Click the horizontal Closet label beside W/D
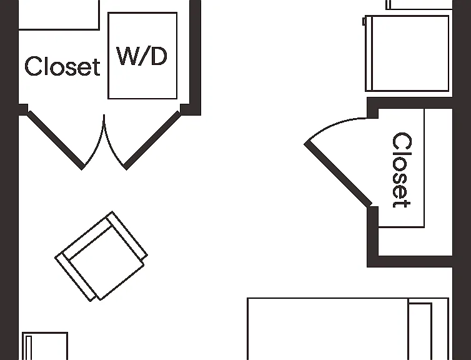[62, 66]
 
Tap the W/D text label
[141, 56]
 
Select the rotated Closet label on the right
[402, 170]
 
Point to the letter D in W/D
[159, 56]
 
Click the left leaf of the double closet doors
[56, 140]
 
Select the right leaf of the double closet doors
[152, 140]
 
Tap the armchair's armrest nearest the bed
[127, 236]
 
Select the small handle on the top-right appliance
[364, 21]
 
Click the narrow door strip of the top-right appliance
[369, 53]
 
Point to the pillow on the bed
[420, 331]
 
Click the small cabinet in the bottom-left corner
[45, 346]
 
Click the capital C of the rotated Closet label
[402, 141]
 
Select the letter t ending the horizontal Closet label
[96, 67]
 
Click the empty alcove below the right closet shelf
[415, 242]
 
